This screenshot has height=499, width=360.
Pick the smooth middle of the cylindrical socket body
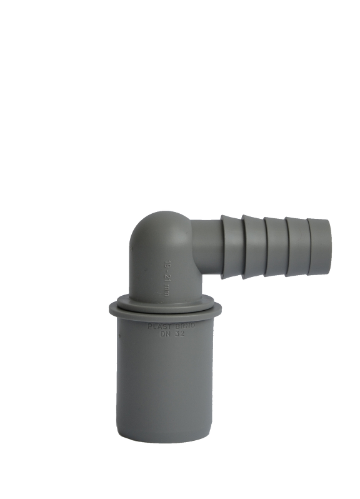(x=166, y=381)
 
